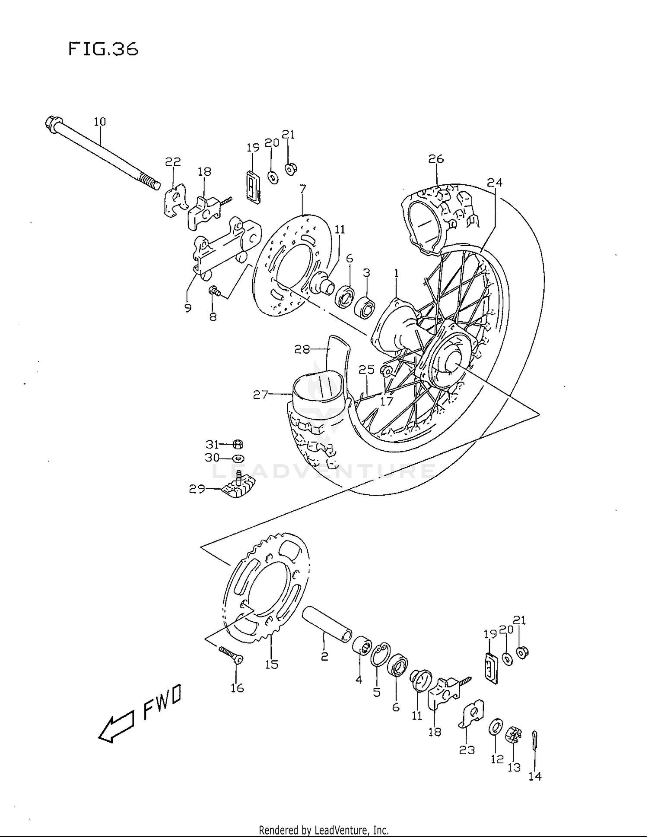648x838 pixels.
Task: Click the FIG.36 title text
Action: click(103, 49)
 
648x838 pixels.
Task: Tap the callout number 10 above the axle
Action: click(100, 122)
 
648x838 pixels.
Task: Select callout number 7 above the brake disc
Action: click(303, 189)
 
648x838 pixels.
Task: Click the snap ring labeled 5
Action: click(380, 654)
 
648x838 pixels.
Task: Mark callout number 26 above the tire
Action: click(436, 159)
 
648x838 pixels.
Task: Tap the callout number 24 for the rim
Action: click(495, 183)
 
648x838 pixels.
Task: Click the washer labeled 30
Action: click(238, 458)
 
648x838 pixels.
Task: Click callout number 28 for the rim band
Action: click(302, 349)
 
